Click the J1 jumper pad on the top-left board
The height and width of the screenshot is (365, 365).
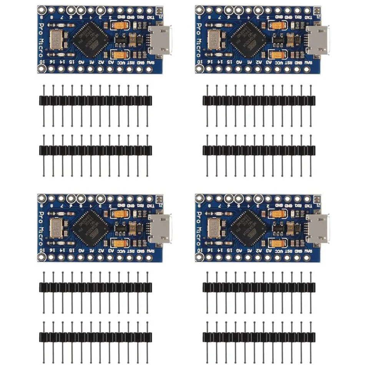pyautogui.click(x=159, y=10)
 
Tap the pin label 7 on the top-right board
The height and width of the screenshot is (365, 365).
pyautogui.click(x=219, y=17)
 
